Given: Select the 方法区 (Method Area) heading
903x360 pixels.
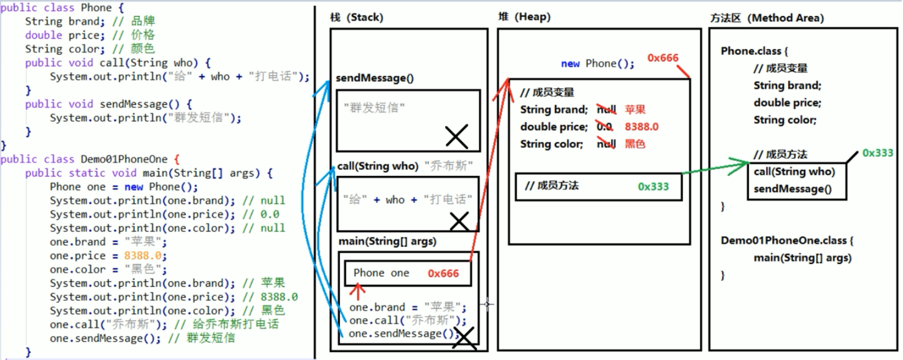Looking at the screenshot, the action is [766, 18].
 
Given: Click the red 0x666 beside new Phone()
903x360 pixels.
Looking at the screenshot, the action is [663, 58].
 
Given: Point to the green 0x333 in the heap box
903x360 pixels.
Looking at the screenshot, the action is [653, 187].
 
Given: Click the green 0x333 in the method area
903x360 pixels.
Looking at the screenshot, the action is [878, 153].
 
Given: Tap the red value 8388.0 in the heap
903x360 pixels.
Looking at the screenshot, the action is [642, 127].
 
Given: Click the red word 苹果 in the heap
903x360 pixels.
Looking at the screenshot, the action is [635, 110].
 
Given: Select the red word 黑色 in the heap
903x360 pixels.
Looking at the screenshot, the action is [635, 144].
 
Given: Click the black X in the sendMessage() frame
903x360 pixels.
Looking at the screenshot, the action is [457, 136].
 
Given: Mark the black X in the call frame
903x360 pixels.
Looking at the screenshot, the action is [459, 221].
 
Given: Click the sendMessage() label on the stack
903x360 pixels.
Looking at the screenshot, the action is [374, 78].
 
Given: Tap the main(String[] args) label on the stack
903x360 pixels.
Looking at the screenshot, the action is [387, 242].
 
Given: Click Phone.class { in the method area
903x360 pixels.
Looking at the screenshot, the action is [754, 51].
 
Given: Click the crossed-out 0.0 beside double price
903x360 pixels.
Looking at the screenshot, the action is [604, 127].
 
